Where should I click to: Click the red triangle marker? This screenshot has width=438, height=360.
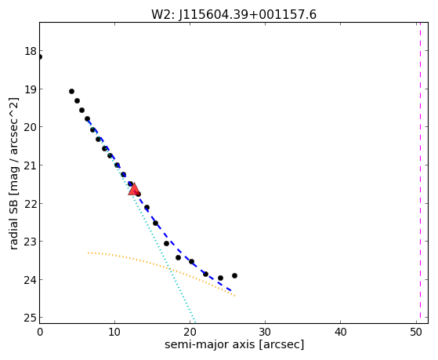(134, 189)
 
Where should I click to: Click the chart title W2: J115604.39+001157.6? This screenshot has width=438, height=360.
(233, 15)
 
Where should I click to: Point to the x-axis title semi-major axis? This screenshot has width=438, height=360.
(209, 344)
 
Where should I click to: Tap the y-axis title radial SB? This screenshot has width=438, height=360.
(13, 224)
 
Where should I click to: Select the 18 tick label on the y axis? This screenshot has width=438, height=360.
(31, 52)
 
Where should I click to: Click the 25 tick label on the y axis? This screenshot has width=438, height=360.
(31, 318)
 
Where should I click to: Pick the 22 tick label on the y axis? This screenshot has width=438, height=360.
(31, 204)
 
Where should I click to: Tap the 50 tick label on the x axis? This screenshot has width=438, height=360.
(416, 333)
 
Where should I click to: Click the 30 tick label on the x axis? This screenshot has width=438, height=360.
(265, 333)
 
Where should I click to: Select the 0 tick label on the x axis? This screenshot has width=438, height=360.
(40, 333)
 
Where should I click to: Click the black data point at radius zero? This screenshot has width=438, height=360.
(40, 57)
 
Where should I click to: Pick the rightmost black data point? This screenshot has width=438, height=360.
(234, 276)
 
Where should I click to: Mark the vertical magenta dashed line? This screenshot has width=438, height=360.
(420, 173)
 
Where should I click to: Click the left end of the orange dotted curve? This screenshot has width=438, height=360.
(88, 253)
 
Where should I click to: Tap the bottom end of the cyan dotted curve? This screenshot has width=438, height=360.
(195, 322)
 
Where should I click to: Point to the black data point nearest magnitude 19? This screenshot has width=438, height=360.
(71, 92)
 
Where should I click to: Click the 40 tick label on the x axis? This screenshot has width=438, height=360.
(340, 333)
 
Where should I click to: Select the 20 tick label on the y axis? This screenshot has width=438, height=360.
(31, 127)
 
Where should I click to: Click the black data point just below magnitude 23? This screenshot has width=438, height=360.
(166, 244)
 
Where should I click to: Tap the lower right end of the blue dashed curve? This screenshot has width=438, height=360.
(231, 291)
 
